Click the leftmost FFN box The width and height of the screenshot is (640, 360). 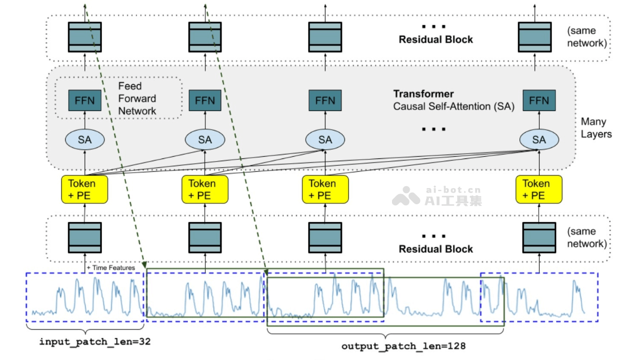(x=85, y=101)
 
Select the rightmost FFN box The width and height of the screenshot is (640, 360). (x=539, y=101)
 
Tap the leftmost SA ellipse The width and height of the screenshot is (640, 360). (x=85, y=140)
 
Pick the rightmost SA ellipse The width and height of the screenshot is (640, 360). (x=539, y=140)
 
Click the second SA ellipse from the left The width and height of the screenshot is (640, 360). (x=205, y=140)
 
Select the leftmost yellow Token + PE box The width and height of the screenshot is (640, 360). (x=85, y=189)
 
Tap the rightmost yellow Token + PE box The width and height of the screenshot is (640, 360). (x=539, y=189)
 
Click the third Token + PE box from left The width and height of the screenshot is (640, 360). (x=325, y=189)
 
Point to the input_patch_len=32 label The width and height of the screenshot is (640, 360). (x=94, y=342)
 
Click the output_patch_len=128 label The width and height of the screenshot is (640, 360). (x=403, y=346)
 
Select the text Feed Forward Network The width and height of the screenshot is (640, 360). (x=137, y=99)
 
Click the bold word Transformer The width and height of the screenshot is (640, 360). (x=423, y=94)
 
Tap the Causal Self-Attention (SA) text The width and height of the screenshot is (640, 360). (x=453, y=106)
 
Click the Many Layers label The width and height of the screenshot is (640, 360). (x=596, y=128)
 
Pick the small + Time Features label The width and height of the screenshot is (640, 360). (x=110, y=267)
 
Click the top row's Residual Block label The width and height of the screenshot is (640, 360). (x=436, y=39)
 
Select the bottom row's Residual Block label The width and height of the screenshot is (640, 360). (x=436, y=249)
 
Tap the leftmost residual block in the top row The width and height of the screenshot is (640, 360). (x=85, y=36)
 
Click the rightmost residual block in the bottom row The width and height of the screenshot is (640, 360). (x=539, y=237)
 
